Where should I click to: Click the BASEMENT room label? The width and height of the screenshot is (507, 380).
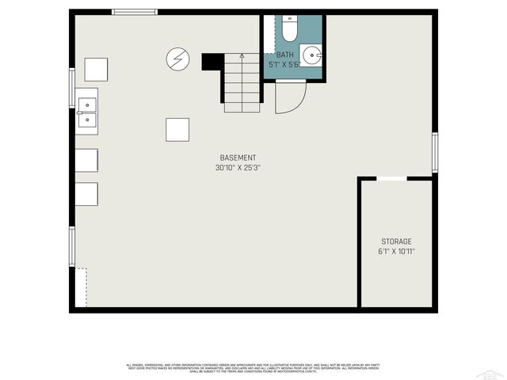point(238,157)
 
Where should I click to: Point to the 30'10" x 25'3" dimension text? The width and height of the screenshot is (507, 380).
point(238,168)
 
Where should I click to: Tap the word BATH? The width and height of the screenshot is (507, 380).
point(284,55)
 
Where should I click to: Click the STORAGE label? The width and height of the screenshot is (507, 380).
point(396,241)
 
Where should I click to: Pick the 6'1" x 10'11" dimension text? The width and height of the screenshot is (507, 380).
point(396,252)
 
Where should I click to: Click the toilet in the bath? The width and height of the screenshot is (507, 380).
point(289,28)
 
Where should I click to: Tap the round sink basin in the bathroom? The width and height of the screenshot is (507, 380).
point(311,55)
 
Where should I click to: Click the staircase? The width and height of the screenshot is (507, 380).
point(242,82)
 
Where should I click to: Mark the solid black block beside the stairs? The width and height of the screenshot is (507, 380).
point(212,62)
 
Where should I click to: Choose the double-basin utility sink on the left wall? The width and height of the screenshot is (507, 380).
point(87,112)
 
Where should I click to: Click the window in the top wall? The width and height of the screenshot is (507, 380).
point(133,11)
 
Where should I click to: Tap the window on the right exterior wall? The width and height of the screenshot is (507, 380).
point(434,152)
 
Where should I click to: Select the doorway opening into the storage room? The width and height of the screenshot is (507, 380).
point(391,179)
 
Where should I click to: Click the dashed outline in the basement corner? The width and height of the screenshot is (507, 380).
point(82,287)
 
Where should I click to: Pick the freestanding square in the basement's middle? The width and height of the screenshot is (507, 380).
point(177,130)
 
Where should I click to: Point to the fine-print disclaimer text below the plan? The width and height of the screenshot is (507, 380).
point(253,367)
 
